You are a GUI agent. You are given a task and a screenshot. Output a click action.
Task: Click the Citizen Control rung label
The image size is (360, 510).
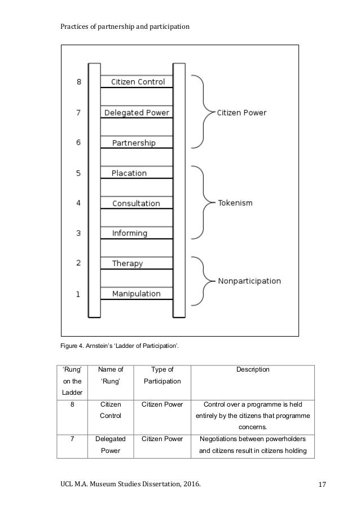pos(138,82)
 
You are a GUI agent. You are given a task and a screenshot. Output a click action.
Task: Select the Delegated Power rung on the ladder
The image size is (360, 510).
pos(137,112)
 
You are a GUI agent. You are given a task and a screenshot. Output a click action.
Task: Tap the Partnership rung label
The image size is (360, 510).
pos(133,143)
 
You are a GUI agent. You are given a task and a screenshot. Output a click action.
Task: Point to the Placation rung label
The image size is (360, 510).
pos(129,173)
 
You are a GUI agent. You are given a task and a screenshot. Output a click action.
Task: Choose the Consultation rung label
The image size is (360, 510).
pos(136,203)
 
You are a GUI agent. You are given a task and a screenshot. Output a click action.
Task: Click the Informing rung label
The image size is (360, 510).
pos(129,233)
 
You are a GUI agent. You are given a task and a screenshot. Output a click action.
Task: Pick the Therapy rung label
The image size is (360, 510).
pos(128,263)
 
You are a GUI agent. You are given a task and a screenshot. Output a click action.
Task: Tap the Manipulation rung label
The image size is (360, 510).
pos(136,294)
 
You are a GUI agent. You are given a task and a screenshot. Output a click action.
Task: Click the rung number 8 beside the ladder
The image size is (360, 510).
pos(79,82)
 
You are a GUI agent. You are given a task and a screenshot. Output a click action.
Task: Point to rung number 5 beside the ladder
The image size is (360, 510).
pos(78,173)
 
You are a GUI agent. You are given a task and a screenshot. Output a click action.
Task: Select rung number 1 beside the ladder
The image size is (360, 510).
pos(78,294)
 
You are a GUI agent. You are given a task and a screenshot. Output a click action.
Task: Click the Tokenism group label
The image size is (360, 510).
pos(235,202)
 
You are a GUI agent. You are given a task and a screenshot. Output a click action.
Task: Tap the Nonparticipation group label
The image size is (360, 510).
pos(249,281)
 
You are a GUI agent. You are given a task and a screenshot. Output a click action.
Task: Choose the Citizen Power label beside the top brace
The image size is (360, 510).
pos(242,113)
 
